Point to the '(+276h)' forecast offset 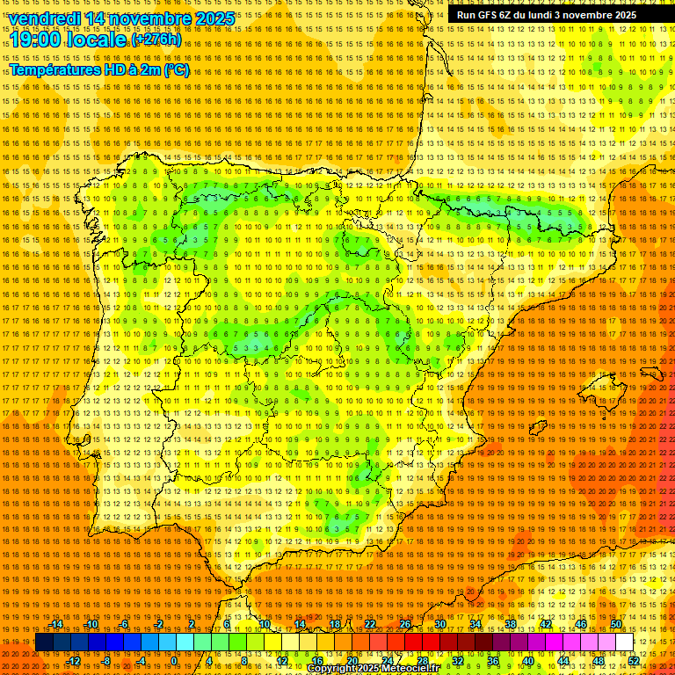pyautogui.click(x=156, y=40)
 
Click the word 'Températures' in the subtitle pyautogui.click(x=54, y=69)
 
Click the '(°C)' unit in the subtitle pyautogui.click(x=176, y=69)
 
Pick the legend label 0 pyautogui.click(x=174, y=661)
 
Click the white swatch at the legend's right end pyautogui.click(x=624, y=642)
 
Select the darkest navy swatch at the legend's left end pyautogui.click(x=44, y=642)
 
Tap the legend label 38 pyautogui.click(x=510, y=624)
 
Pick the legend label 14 pyautogui.click(x=299, y=624)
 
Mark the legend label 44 pyautogui.click(x=562, y=661)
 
